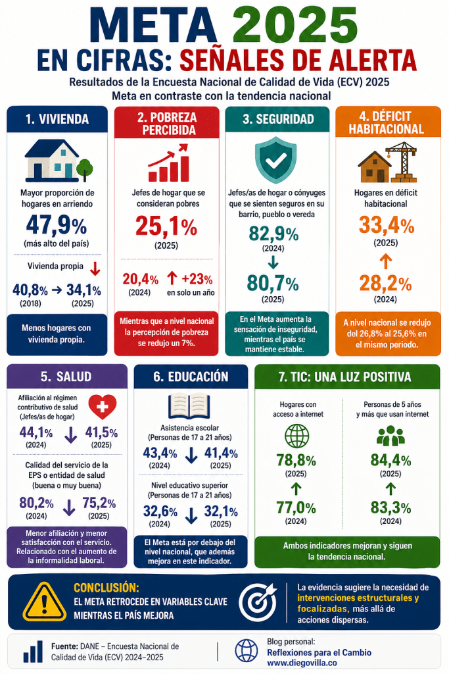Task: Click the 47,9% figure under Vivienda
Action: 57,225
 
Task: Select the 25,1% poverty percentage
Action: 166,227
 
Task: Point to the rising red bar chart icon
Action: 167,163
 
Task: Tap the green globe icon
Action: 296,437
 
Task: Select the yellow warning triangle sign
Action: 43,601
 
